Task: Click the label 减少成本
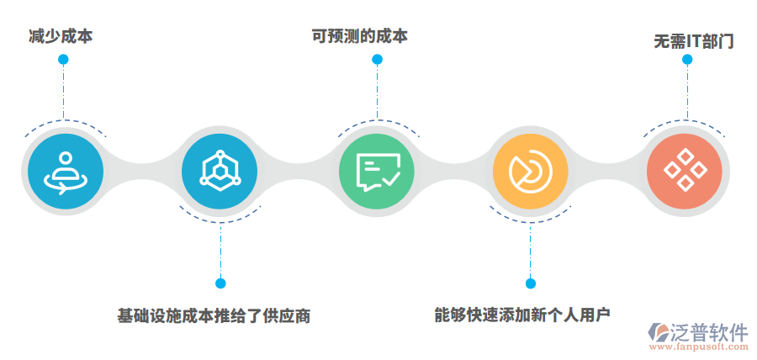(60, 37)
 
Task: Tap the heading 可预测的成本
(360, 37)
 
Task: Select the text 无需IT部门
(694, 40)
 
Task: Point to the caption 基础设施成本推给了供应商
(214, 317)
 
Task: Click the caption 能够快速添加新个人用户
(522, 315)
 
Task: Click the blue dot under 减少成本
(63, 60)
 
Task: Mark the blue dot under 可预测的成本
(377, 60)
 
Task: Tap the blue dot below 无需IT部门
(687, 60)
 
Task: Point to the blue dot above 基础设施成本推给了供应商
(220, 283)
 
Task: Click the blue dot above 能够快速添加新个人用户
(531, 283)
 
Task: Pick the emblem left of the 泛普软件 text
(658, 334)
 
